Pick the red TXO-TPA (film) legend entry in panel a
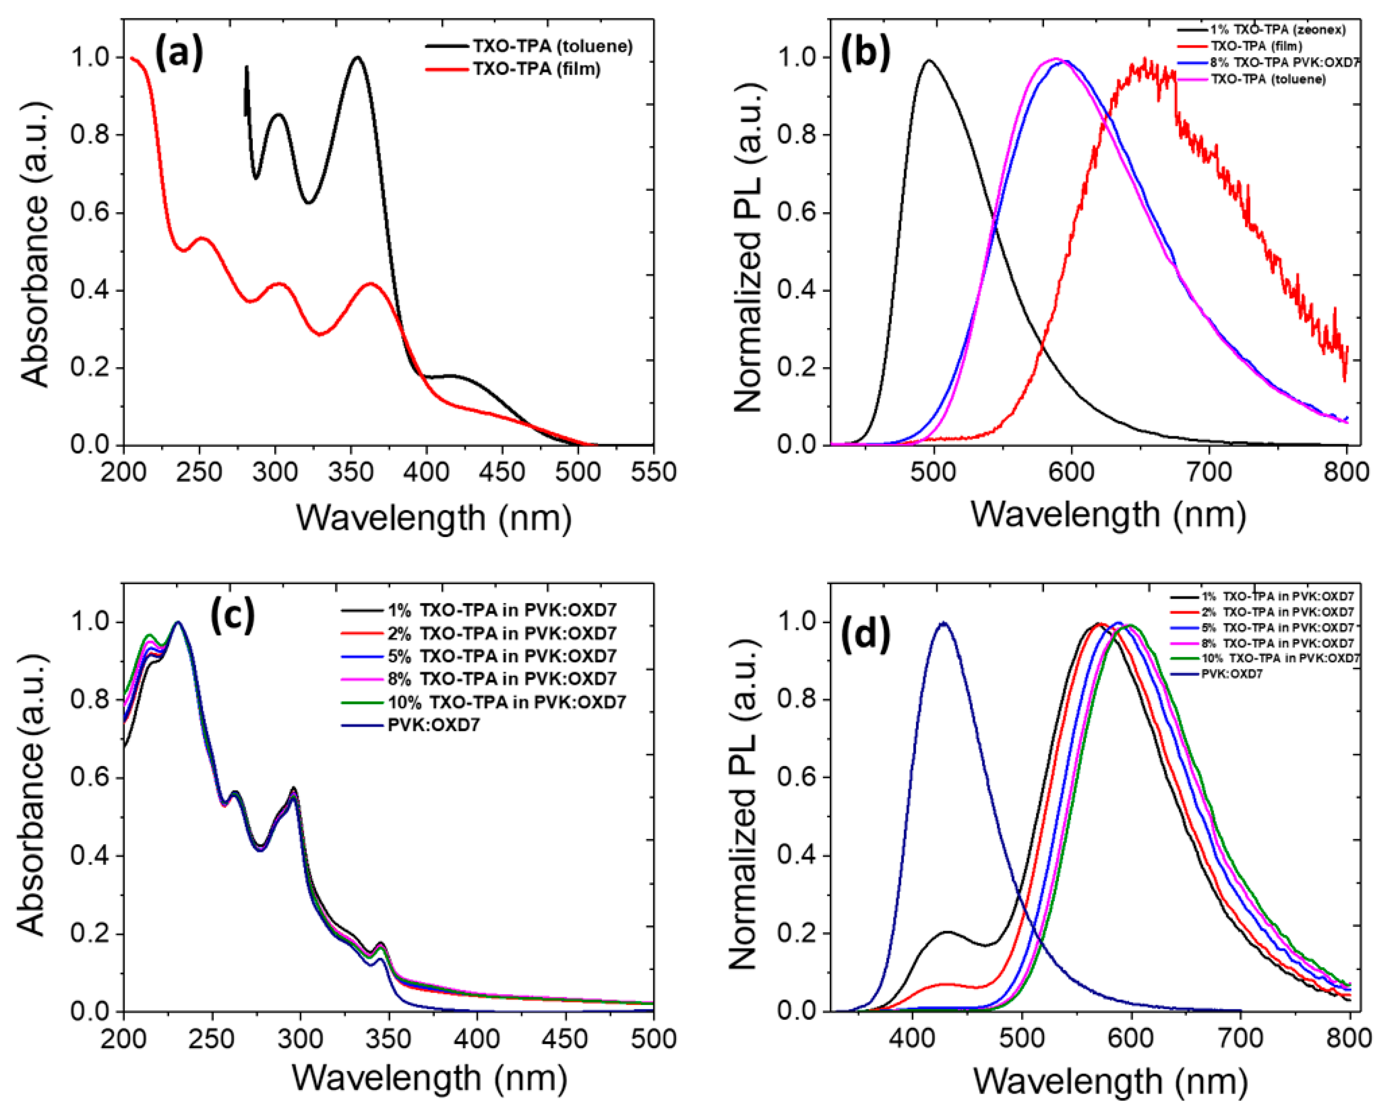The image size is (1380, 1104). pyautogui.click(x=536, y=69)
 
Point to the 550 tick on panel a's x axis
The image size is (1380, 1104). pyautogui.click(x=653, y=472)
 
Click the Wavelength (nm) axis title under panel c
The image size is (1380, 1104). pyautogui.click(x=430, y=1078)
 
